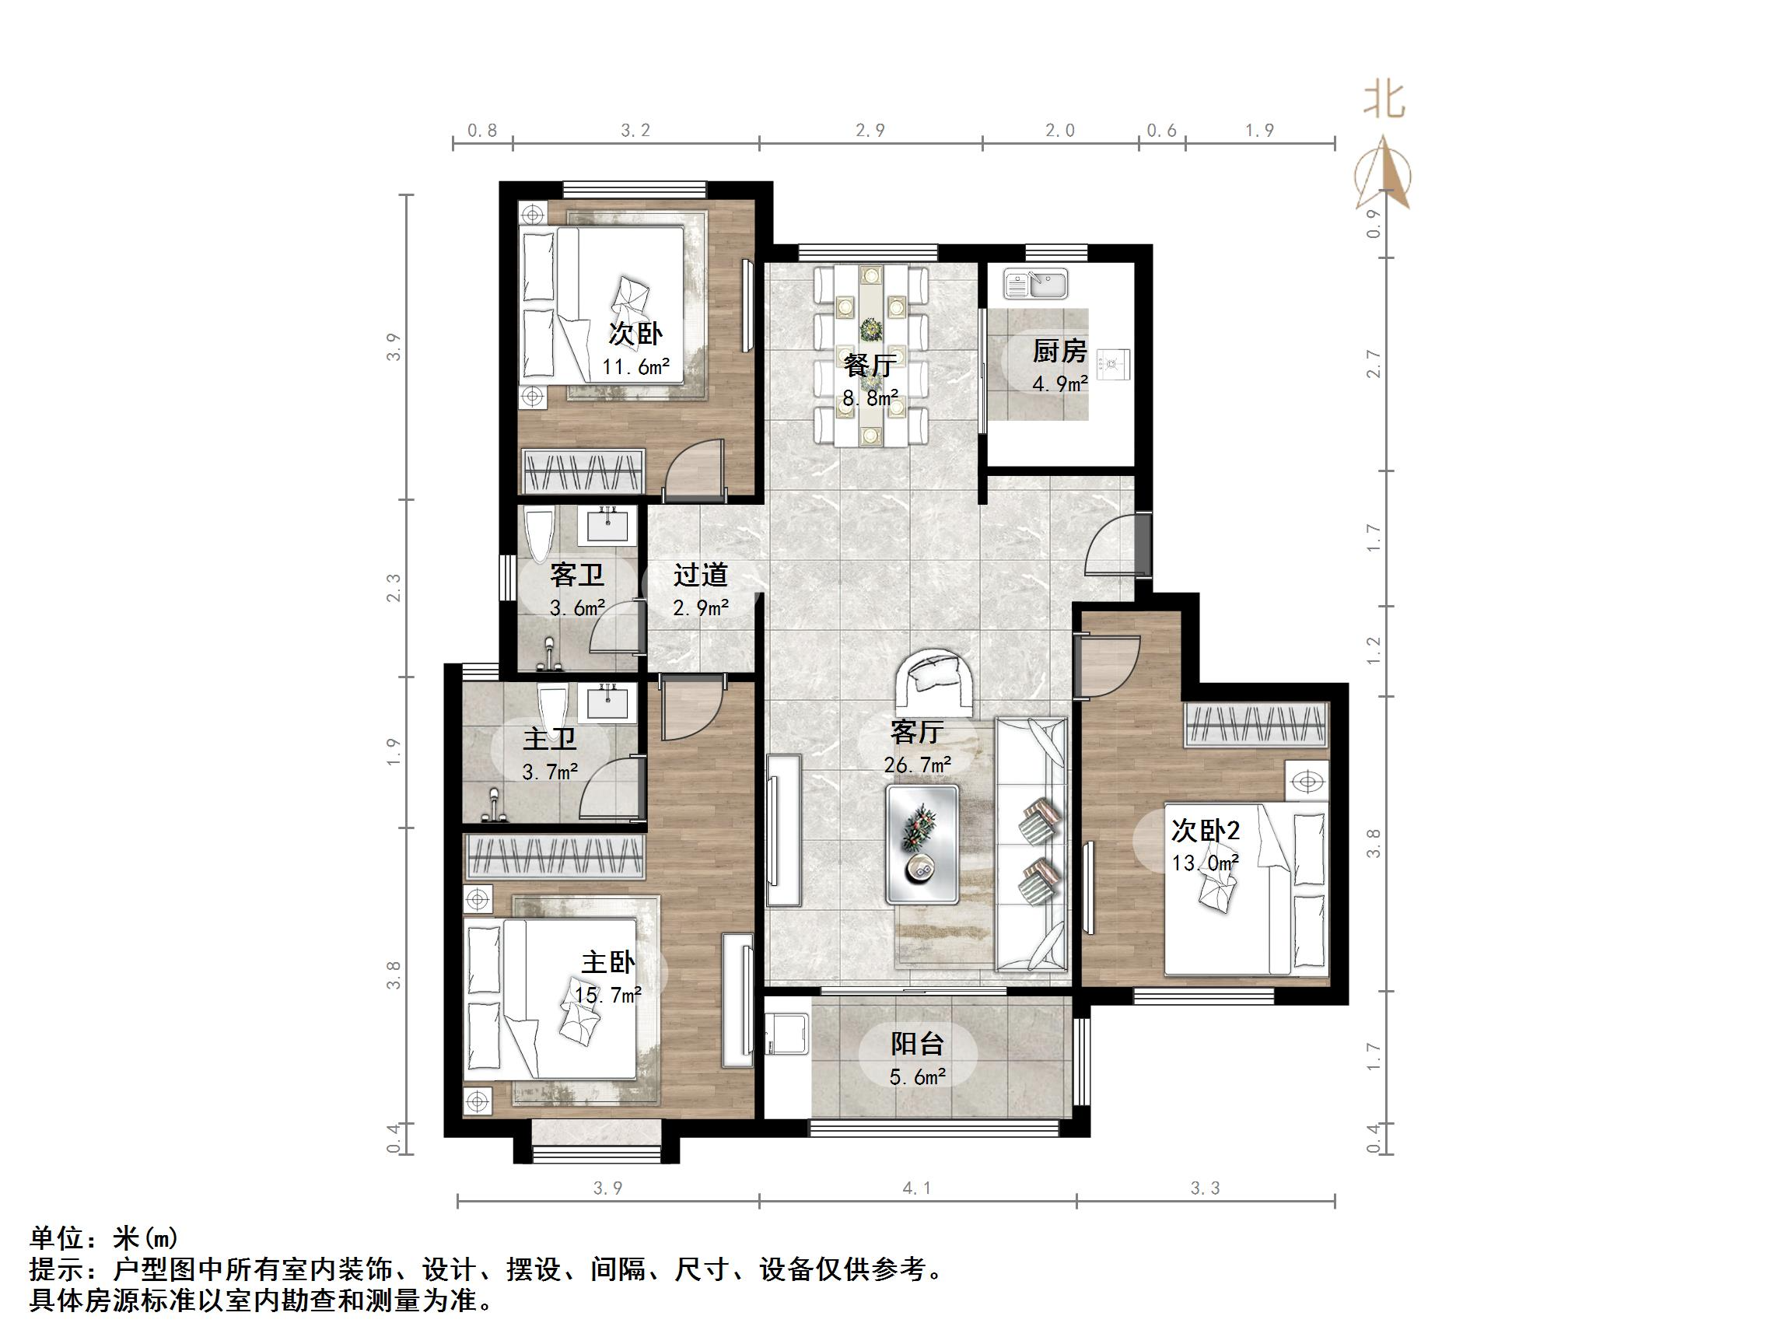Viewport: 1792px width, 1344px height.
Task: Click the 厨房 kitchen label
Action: [1059, 351]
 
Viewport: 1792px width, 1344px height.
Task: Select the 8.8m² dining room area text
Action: [870, 398]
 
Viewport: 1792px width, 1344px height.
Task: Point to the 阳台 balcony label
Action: [917, 1044]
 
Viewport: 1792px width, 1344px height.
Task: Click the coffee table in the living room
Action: [922, 843]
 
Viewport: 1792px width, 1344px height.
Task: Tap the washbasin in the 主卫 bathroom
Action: [607, 701]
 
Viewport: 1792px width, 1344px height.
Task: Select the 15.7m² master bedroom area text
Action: [607, 994]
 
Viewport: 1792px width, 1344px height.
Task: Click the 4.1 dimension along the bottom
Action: [916, 1188]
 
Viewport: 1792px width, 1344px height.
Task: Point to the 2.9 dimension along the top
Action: [870, 131]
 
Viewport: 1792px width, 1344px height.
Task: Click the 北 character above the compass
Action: [1384, 100]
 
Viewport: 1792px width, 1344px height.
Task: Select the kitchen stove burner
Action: [1113, 365]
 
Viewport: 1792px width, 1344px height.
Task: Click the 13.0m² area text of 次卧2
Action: [1206, 863]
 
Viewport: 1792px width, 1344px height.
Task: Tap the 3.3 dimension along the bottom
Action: [1205, 1188]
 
